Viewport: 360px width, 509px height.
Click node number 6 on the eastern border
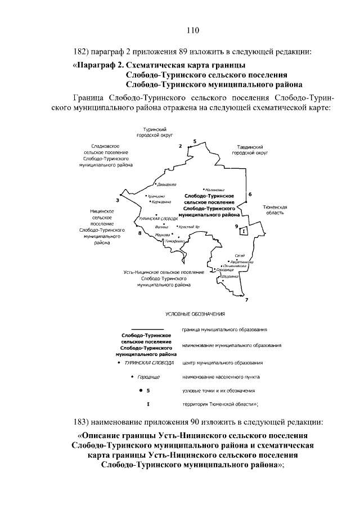click(x=250, y=195)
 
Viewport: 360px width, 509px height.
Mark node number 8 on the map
click(x=139, y=233)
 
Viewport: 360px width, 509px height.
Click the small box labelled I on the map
click(x=243, y=231)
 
